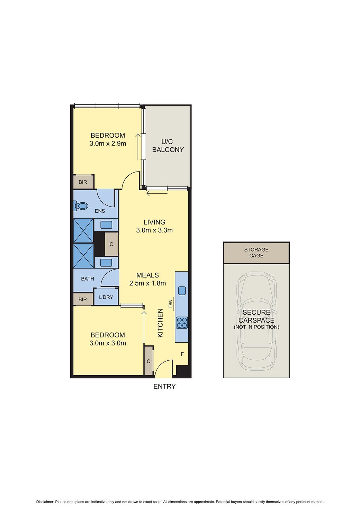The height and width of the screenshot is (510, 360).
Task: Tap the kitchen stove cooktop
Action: click(182, 323)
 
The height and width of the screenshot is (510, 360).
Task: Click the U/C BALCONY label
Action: click(168, 146)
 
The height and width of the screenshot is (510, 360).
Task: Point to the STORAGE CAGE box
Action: click(256, 253)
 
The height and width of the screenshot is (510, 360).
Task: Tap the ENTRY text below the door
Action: click(164, 386)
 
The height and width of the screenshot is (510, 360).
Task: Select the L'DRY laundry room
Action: click(106, 297)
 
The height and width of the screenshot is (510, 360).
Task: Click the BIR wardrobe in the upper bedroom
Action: click(83, 182)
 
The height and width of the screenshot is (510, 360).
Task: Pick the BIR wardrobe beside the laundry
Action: click(83, 299)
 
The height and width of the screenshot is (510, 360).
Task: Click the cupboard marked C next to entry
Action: click(148, 361)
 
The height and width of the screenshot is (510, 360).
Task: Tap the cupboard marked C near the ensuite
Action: click(111, 244)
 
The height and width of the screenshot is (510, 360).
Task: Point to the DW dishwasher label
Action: click(170, 304)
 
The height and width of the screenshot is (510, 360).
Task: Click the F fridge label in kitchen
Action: click(182, 354)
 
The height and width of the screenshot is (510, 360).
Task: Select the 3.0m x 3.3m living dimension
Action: click(154, 230)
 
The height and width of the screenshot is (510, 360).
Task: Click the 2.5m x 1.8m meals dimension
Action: click(147, 283)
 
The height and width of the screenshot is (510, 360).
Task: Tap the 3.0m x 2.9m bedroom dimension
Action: click(108, 143)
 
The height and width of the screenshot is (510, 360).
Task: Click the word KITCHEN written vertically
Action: click(160, 323)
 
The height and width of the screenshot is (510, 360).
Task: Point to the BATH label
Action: click(87, 279)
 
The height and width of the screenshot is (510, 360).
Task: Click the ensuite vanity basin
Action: click(106, 225)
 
